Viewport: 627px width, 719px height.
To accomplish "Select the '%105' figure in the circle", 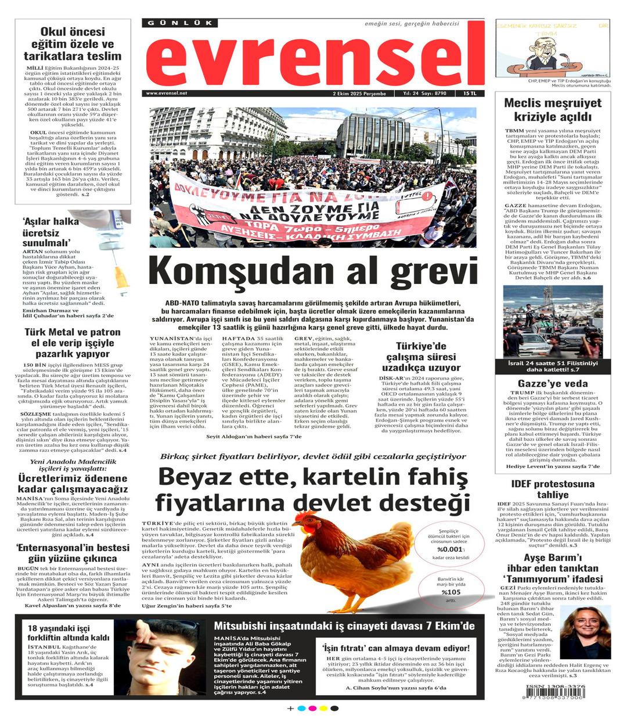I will pyautogui.click(x=451, y=592).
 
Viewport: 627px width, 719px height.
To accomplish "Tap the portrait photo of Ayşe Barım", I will pyautogui.click(x=585, y=632).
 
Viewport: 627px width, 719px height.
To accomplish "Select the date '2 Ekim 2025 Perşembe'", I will pyautogui.click(x=359, y=94).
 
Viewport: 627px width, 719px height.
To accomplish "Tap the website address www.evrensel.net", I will pyautogui.click(x=167, y=94).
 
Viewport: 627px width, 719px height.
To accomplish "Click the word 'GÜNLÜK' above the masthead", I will pyautogui.click(x=180, y=23).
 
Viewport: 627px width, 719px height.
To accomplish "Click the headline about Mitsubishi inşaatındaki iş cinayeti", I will pyautogui.click(x=344, y=626).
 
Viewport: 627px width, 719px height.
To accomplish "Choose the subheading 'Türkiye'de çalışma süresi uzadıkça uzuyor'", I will pyautogui.click(x=421, y=357).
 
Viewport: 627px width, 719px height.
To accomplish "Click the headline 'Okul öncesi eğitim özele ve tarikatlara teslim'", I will pyautogui.click(x=73, y=44).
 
